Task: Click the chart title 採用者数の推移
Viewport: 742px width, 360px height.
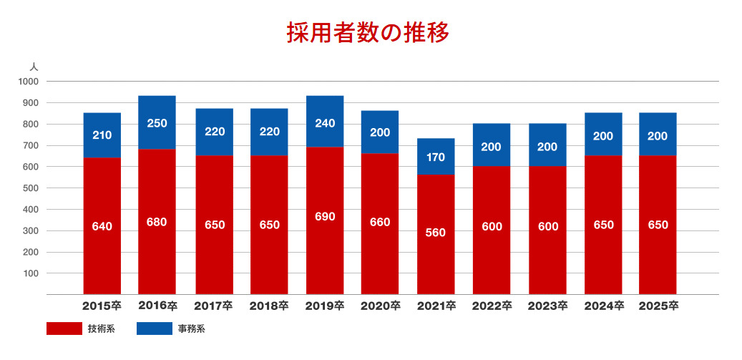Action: (x=368, y=33)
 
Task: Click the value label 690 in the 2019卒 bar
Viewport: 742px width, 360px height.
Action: (x=324, y=217)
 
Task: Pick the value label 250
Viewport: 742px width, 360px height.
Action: (x=157, y=123)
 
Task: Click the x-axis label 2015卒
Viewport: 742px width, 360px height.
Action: (x=102, y=306)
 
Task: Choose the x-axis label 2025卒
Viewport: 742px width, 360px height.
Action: (x=658, y=306)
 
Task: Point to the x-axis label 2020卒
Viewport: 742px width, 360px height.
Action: (x=380, y=306)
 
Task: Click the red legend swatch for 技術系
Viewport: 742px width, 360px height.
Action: (x=64, y=329)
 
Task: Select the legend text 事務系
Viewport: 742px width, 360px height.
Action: (x=192, y=329)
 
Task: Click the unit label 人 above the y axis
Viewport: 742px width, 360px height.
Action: (x=34, y=66)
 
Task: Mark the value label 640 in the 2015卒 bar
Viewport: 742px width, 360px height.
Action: (x=102, y=227)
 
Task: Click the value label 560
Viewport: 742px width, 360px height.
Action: (x=436, y=233)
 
